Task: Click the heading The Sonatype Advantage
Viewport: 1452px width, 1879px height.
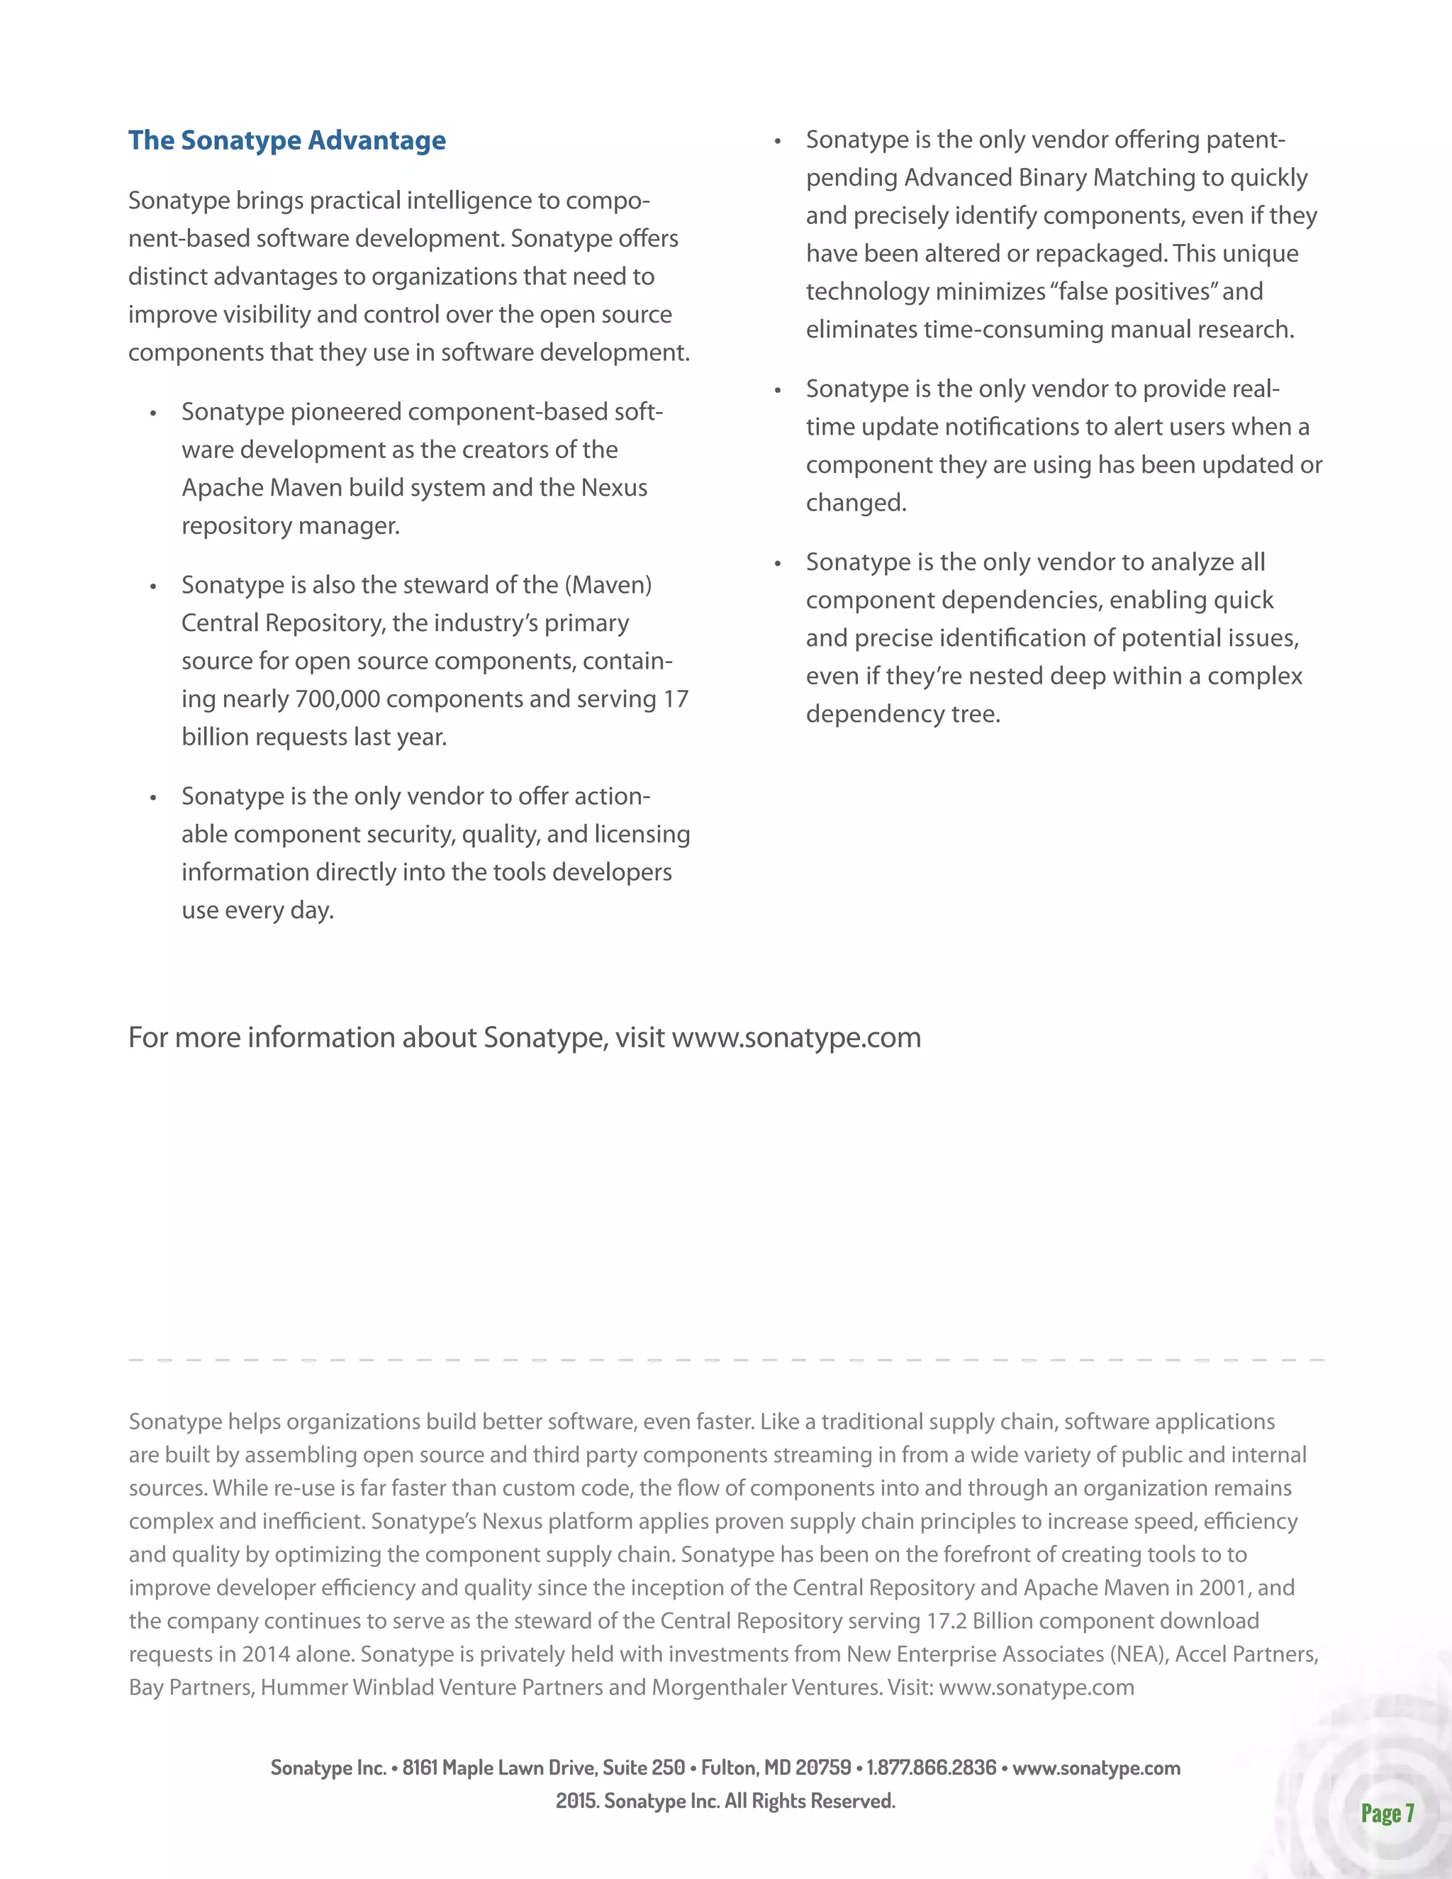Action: pyautogui.click(x=286, y=140)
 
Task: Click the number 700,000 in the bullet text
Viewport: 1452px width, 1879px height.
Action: pyautogui.click(x=337, y=698)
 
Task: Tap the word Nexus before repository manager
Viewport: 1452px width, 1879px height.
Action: pyautogui.click(x=614, y=488)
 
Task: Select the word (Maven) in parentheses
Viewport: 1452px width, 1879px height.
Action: pyautogui.click(x=608, y=585)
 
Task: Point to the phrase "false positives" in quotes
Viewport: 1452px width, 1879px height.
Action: pyautogui.click(x=1133, y=291)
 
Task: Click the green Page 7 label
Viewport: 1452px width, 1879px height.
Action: pyautogui.click(x=1387, y=1814)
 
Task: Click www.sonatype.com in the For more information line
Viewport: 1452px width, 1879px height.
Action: pyautogui.click(x=795, y=1037)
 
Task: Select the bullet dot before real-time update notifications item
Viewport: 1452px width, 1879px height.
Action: pyautogui.click(x=777, y=391)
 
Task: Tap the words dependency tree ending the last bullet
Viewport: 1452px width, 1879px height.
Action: pyautogui.click(x=903, y=714)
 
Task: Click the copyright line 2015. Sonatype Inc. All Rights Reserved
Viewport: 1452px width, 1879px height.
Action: pyautogui.click(x=725, y=1801)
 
